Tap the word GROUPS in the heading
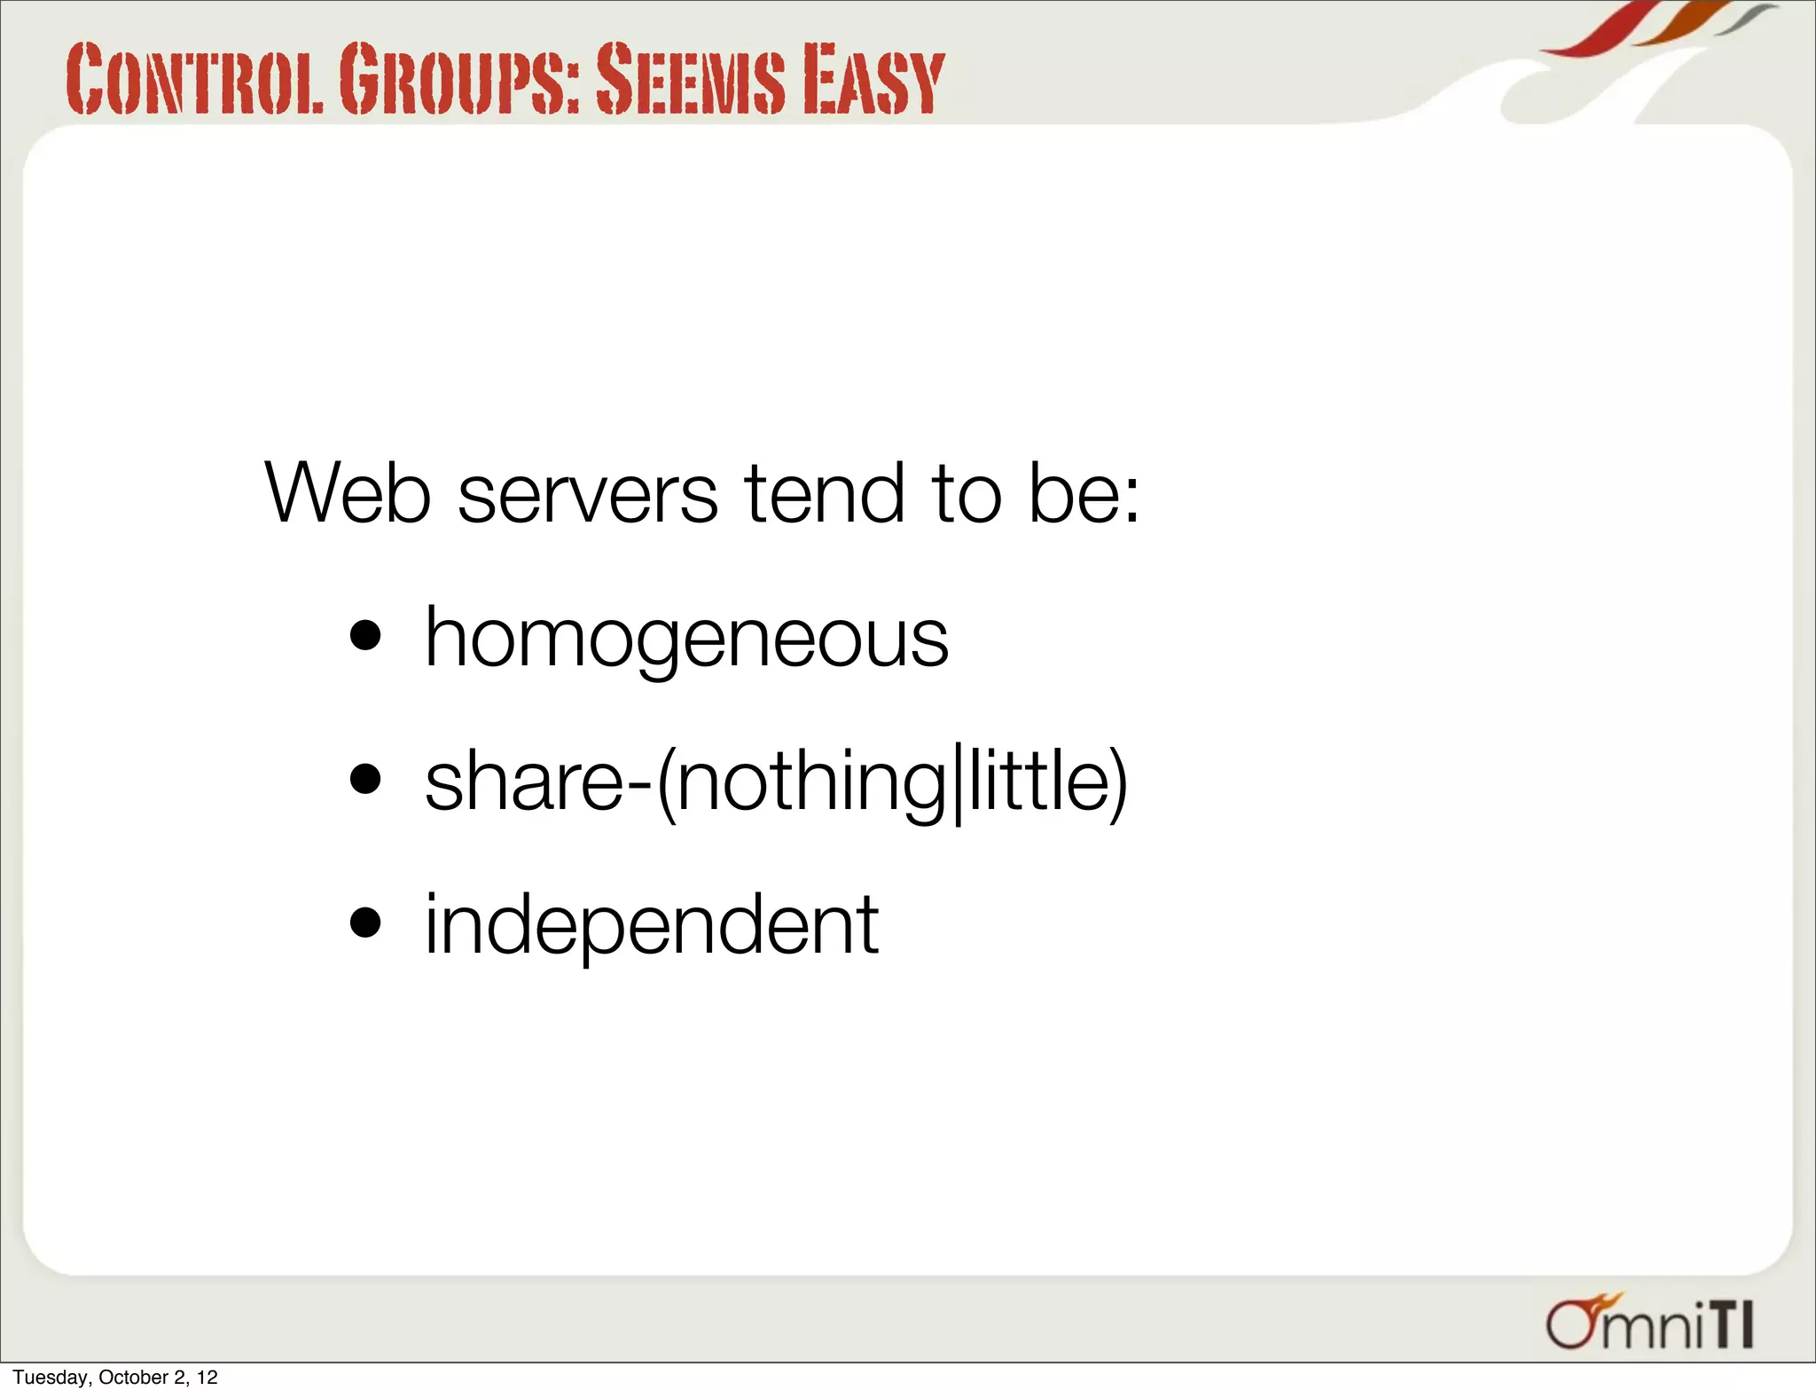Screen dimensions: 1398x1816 point(459,80)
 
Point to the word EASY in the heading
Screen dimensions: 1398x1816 point(873,80)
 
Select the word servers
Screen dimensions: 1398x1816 point(587,495)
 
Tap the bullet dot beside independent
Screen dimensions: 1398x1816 point(365,923)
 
